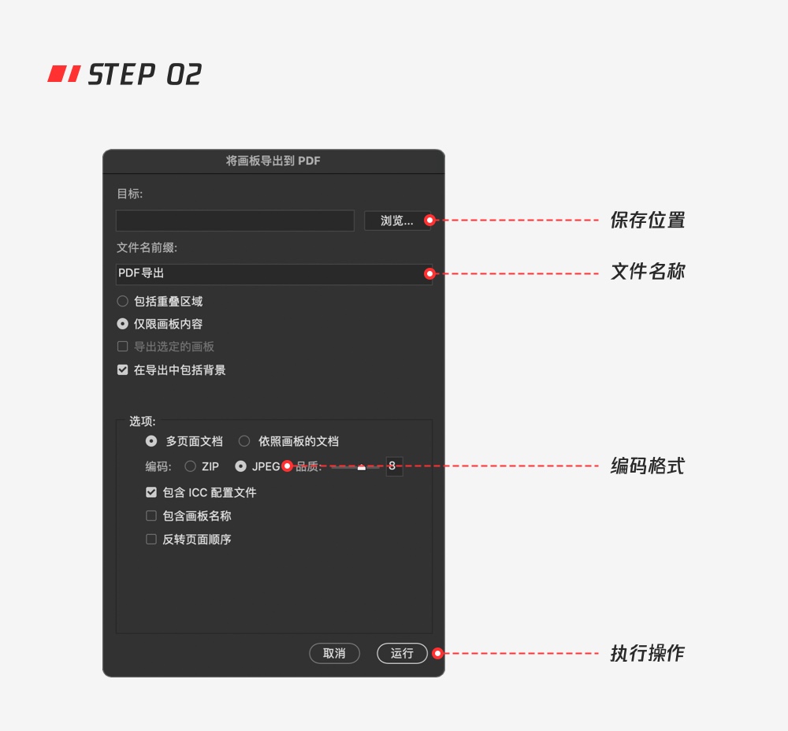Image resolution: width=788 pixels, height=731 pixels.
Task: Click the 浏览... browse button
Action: point(396,221)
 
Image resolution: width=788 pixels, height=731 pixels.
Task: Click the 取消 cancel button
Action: point(334,653)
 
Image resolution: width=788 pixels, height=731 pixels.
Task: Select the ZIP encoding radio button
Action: point(190,466)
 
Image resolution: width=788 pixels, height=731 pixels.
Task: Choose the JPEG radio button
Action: point(240,466)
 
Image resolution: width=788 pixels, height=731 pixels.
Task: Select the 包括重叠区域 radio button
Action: point(123,301)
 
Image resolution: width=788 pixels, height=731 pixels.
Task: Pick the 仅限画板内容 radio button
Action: point(123,324)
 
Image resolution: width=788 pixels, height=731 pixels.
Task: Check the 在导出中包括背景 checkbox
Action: point(123,369)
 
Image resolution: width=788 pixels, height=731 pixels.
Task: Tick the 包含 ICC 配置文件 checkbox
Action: point(151,492)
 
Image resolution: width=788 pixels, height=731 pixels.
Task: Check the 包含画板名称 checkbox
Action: point(151,515)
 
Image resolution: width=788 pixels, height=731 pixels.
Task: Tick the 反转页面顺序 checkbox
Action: point(151,539)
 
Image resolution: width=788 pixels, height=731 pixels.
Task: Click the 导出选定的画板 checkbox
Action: point(123,346)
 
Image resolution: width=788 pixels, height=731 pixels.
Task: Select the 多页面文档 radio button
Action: point(151,441)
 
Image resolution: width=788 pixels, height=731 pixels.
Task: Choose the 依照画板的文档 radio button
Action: point(244,441)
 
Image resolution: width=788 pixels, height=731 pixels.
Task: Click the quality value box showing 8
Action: point(394,466)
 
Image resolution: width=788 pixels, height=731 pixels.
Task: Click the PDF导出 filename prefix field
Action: point(274,274)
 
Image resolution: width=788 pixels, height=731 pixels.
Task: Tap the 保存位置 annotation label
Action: point(647,220)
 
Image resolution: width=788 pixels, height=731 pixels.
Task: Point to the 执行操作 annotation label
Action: point(647,653)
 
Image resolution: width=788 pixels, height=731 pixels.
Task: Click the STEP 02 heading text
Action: point(145,74)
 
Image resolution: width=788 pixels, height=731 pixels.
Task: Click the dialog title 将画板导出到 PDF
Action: point(273,161)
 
